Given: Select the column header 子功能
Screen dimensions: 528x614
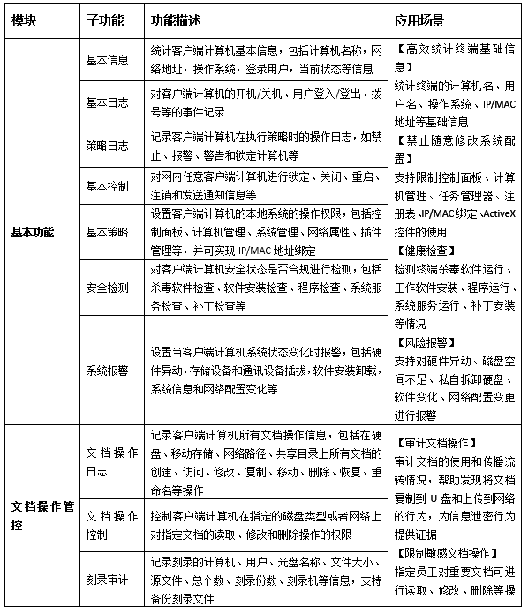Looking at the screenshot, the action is [104, 19].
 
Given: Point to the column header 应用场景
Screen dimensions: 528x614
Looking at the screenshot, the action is [419, 19].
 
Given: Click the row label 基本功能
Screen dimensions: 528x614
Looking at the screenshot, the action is [33, 232].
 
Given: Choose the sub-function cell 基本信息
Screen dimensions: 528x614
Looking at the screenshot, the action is [107, 60].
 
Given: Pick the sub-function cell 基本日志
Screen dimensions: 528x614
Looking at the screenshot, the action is [107, 103].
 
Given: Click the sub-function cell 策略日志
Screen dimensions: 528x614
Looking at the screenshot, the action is [107, 145].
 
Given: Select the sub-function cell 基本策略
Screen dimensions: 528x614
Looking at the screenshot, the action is [107, 232].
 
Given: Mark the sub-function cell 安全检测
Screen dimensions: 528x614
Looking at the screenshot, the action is [107, 288].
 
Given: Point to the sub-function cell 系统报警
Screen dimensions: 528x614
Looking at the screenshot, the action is [107, 371].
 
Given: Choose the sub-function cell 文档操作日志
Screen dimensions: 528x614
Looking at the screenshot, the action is [112, 460].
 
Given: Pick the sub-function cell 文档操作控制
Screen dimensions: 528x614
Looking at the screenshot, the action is [112, 524].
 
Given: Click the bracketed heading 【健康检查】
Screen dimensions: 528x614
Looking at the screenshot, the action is [424, 250].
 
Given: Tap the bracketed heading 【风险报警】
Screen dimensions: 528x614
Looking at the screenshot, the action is [424, 342].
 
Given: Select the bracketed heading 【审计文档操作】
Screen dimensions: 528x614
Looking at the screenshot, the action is [436, 443].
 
